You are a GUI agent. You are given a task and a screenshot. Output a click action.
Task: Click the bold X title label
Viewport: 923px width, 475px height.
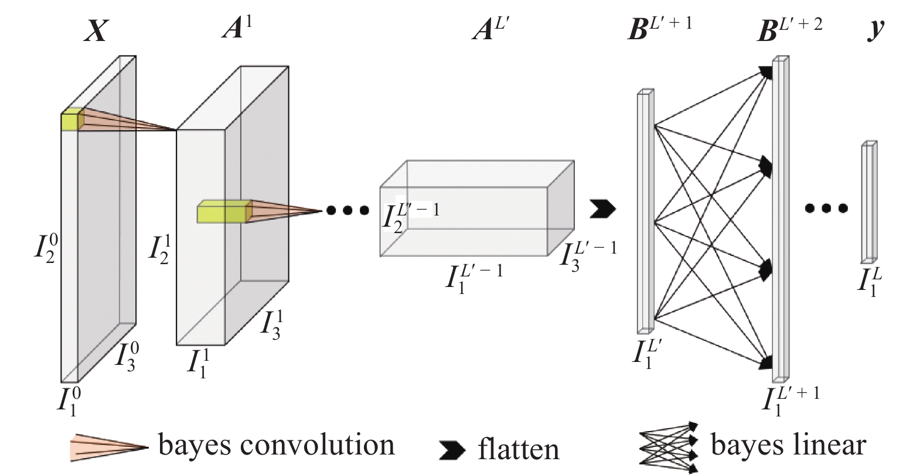pos(96,30)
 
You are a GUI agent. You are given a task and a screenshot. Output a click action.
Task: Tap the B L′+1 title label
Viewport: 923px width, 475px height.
pos(659,28)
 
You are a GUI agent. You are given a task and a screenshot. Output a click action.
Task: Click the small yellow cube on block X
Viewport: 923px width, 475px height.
pos(70,119)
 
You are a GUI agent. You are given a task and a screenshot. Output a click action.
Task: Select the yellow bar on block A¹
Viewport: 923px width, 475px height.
pos(223,212)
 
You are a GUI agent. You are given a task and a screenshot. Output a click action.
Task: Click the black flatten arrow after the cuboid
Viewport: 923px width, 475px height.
pos(602,208)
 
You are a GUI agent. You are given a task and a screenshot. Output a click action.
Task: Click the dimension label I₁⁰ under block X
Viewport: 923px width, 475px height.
pos(69,399)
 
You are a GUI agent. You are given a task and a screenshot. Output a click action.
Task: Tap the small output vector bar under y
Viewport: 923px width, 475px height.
pos(868,202)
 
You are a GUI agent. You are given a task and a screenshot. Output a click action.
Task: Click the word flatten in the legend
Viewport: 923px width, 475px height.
pos(518,450)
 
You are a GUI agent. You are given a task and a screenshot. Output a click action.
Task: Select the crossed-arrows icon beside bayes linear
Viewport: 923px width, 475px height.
pos(669,447)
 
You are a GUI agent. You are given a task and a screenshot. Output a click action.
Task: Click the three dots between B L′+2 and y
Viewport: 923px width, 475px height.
pos(826,207)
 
